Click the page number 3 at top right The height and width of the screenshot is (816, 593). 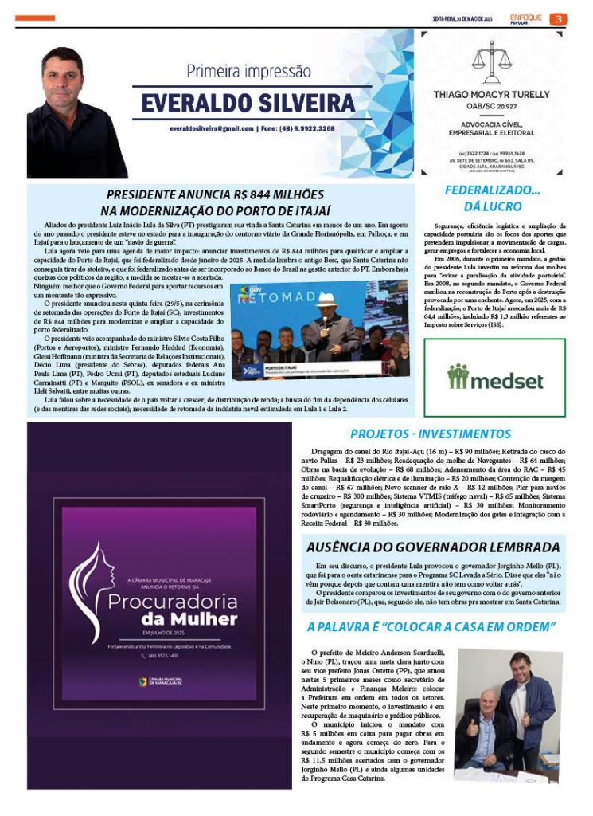[x=560, y=18]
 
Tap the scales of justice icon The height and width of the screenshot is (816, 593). [x=491, y=63]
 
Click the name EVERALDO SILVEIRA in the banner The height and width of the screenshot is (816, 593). [x=248, y=103]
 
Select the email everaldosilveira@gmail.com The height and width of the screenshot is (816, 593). [x=212, y=127]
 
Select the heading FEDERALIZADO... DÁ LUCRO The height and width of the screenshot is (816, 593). [x=493, y=198]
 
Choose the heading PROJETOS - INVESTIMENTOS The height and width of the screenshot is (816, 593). [x=431, y=434]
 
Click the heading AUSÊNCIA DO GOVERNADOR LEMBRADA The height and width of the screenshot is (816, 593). [x=433, y=547]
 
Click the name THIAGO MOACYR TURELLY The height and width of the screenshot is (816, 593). [x=491, y=95]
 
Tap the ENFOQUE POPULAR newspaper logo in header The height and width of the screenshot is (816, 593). [x=526, y=18]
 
